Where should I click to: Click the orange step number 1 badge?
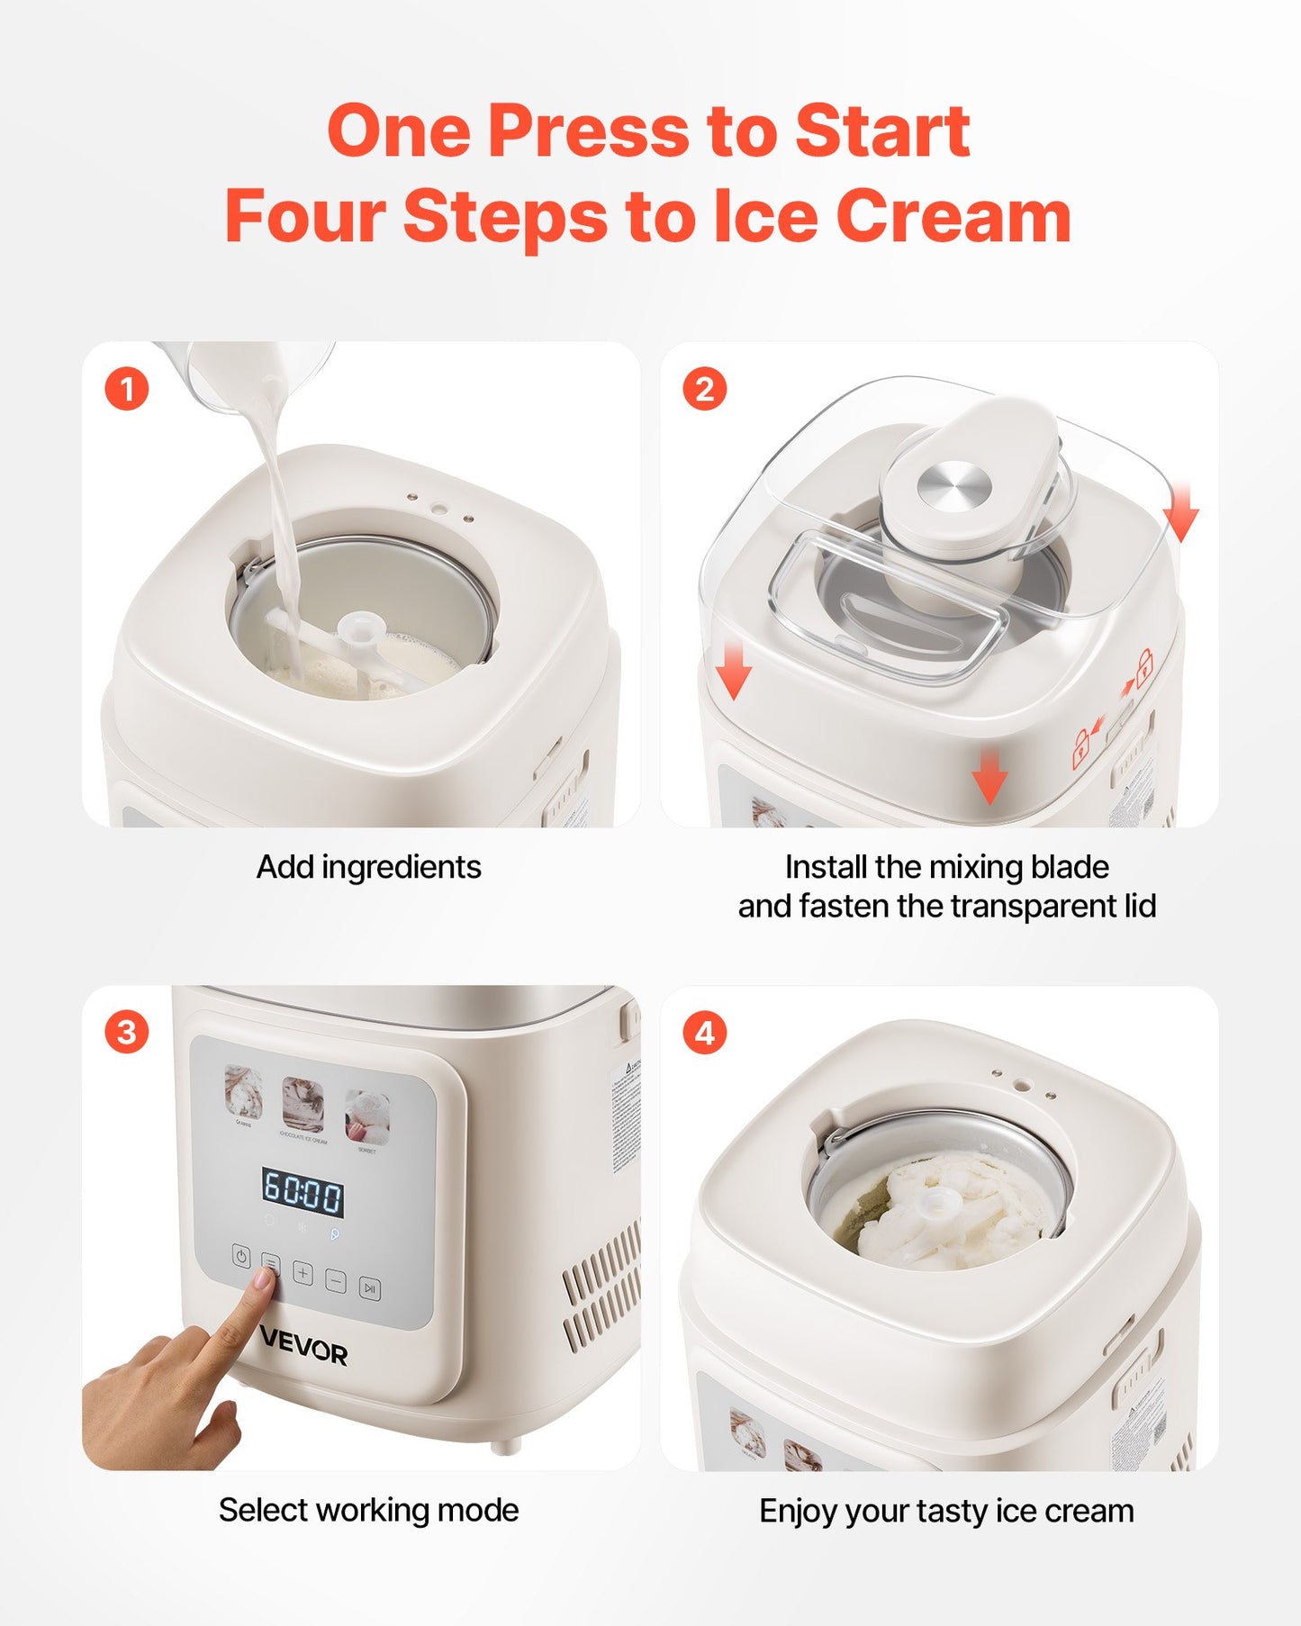[126, 390]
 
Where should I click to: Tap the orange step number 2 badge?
[704, 390]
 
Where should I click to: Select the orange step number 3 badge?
[126, 1032]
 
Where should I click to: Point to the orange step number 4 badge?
[704, 1032]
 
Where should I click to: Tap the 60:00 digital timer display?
[303, 1192]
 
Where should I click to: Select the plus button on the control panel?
[303, 1273]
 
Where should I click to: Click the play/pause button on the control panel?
[369, 1288]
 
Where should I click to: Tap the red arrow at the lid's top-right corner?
[1181, 513]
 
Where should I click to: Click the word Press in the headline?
[589, 131]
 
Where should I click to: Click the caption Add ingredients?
[368, 867]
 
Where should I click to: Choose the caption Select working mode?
[368, 1510]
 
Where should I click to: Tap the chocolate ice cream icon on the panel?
[303, 1104]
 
